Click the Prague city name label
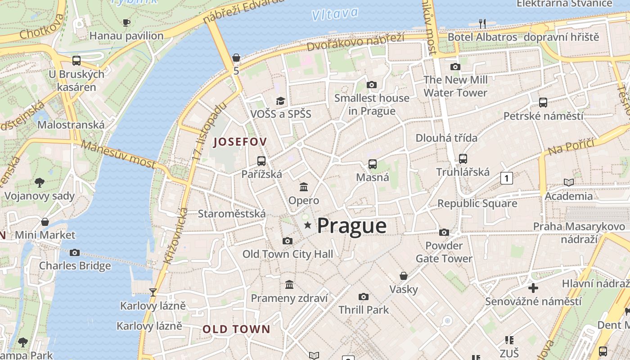351,225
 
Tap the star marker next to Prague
308,225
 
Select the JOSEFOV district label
240,142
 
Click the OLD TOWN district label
236,329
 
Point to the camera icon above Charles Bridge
75,252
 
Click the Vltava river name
335,14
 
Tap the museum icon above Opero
304,187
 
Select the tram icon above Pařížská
261,161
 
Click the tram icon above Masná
373,164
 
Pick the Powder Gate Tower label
444,252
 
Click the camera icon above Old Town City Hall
288,241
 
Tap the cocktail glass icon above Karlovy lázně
153,292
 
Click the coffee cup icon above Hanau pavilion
126,22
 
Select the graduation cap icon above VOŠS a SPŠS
281,100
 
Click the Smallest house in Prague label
372,104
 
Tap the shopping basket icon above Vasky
404,275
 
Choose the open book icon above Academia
569,182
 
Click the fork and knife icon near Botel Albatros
482,23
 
